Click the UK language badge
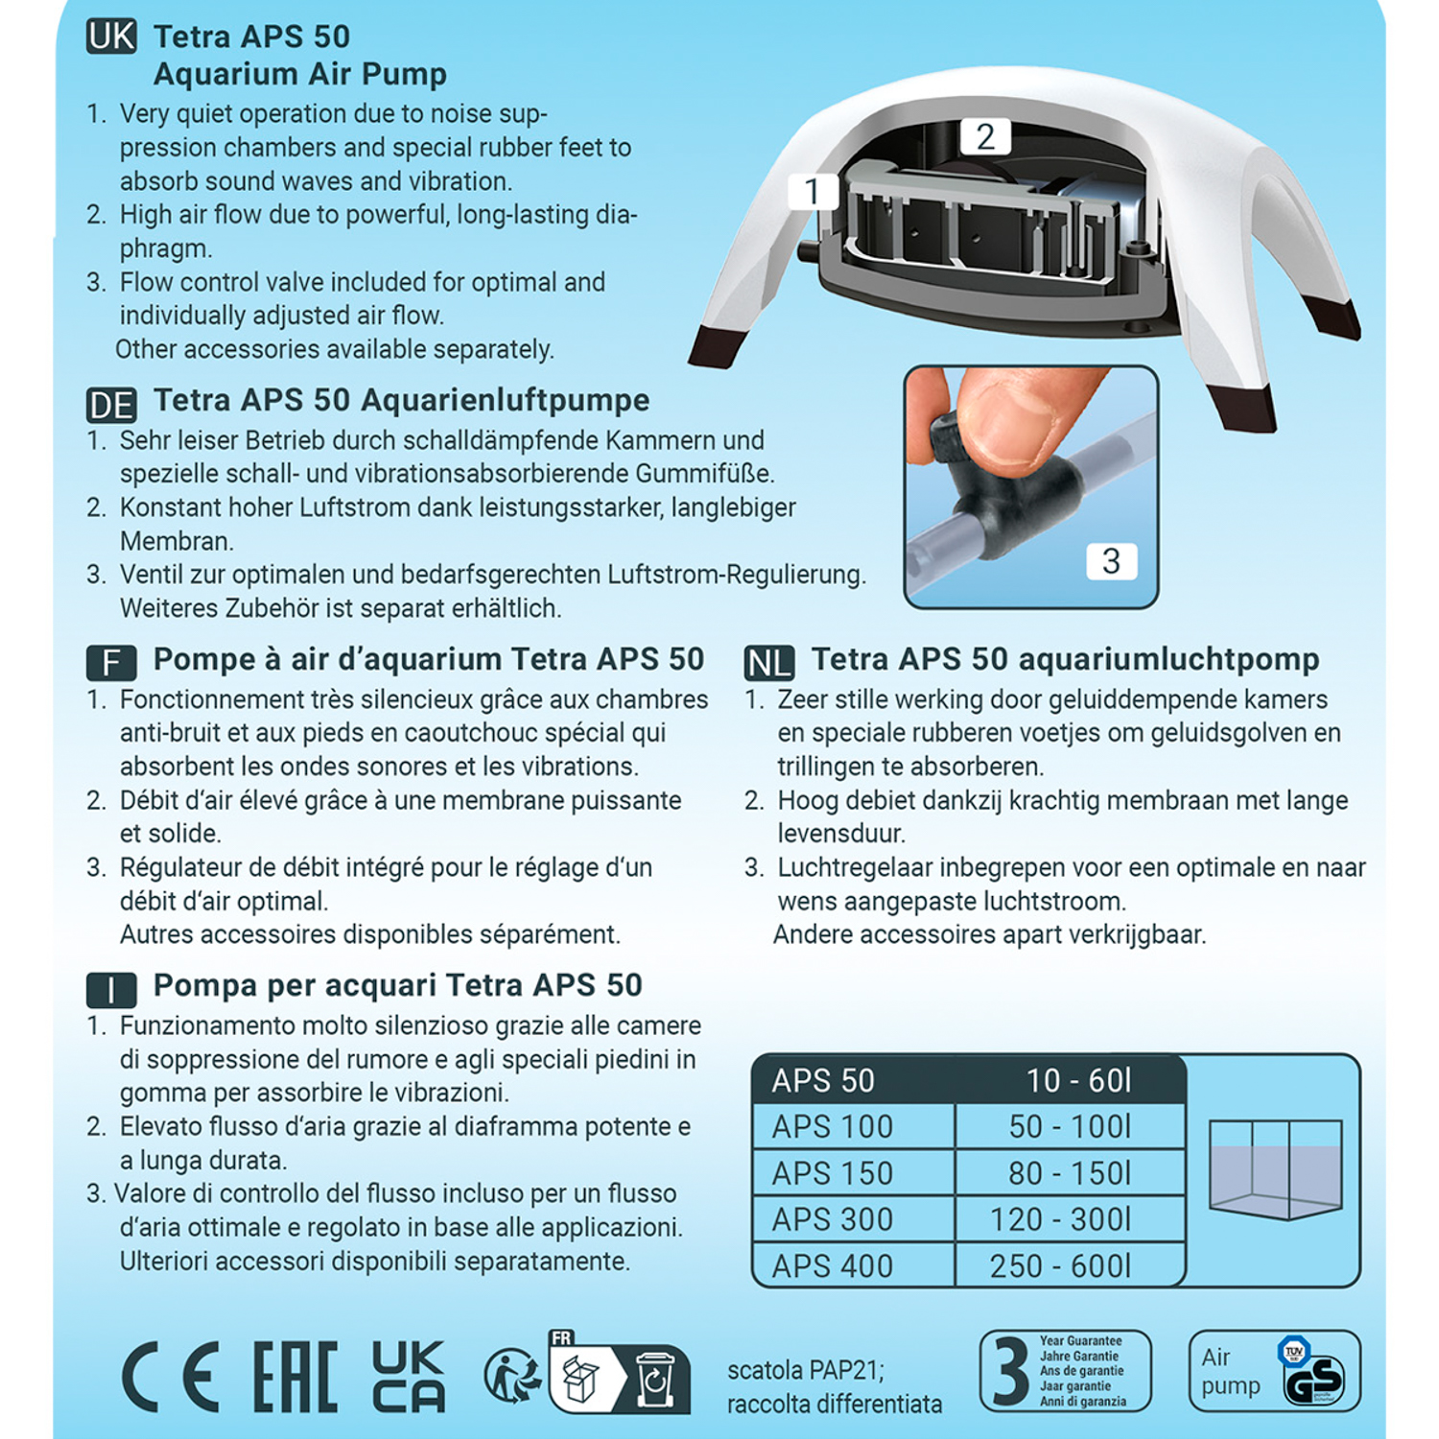[x=111, y=36]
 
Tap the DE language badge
[x=111, y=405]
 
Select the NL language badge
[x=768, y=663]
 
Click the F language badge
[x=111, y=663]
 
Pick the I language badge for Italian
[x=111, y=989]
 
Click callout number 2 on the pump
[x=985, y=137]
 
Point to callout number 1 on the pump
[x=812, y=192]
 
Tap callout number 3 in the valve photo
[x=1111, y=561]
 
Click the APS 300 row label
[x=832, y=1219]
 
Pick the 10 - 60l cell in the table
[x=1078, y=1081]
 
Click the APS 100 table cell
[x=832, y=1127]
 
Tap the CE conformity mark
[x=171, y=1378]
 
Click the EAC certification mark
[x=295, y=1378]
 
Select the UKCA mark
[x=408, y=1378]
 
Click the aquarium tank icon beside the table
[x=1275, y=1168]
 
